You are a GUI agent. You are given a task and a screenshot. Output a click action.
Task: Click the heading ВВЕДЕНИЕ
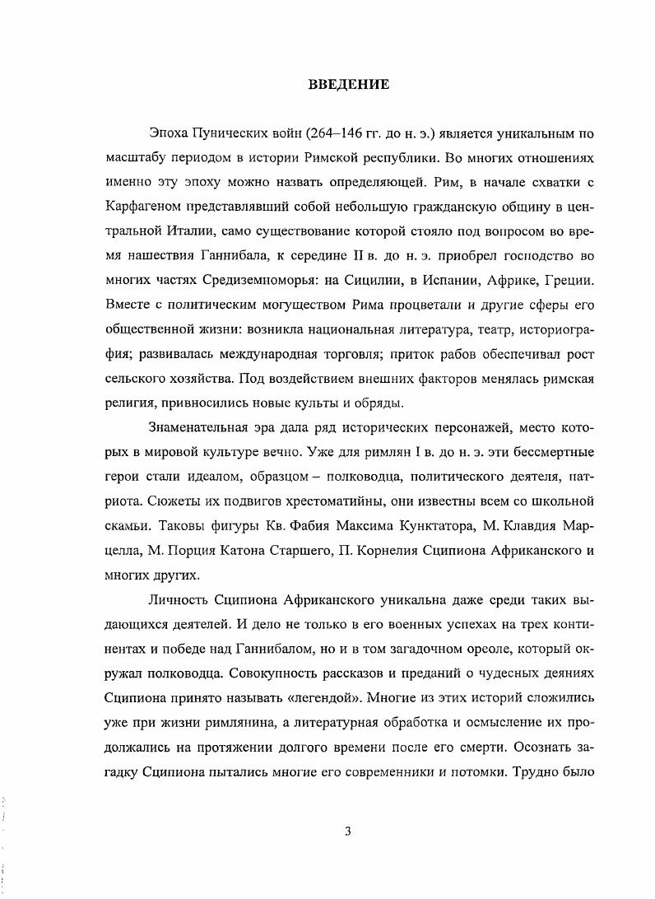(343, 83)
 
